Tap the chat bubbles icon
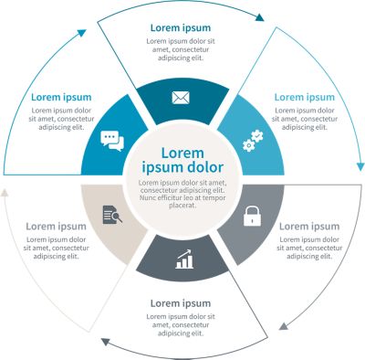coord(111,141)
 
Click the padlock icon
coord(251,217)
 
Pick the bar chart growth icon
coord(184,261)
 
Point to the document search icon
coord(112,216)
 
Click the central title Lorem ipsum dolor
coord(181,161)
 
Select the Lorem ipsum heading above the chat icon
coord(61,97)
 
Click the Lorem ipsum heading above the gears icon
coord(305,97)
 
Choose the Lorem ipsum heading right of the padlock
coord(308,226)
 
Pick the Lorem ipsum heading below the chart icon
coord(180,302)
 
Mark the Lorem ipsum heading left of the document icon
coord(56,226)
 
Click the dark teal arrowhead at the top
coord(260,16)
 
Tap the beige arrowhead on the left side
coord(6,194)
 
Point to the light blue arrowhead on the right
coord(356,165)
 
